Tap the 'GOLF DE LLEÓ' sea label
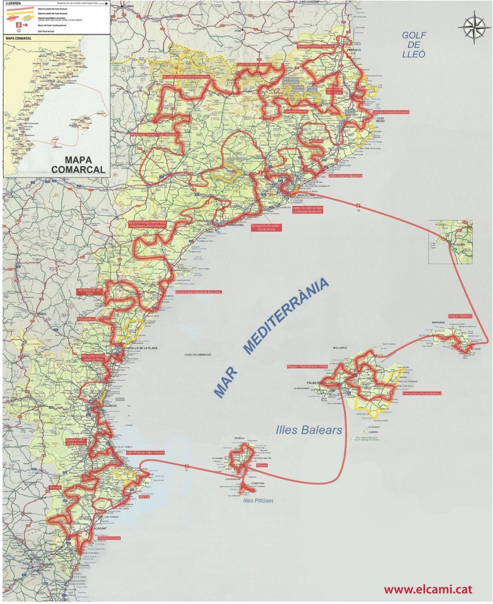tap(413, 45)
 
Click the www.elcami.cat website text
tap(432, 589)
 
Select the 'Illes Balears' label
tap(308, 431)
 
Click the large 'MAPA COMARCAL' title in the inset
tap(78, 164)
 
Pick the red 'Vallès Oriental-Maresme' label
tap(346, 176)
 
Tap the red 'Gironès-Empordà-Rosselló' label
tap(391, 112)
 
